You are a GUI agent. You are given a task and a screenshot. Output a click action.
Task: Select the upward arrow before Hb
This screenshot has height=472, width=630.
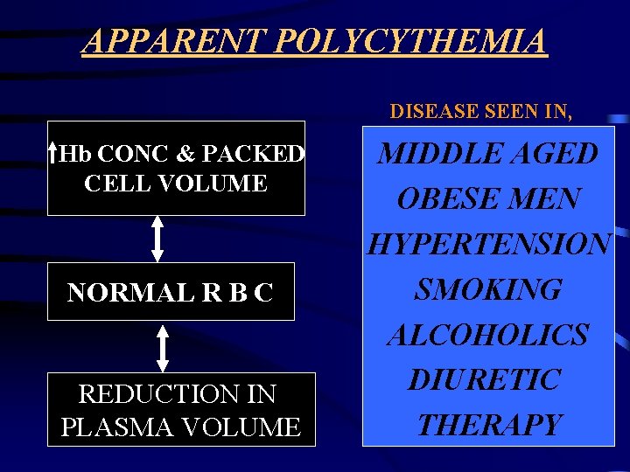53,154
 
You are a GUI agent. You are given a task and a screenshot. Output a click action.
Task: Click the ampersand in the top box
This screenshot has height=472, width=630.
185,155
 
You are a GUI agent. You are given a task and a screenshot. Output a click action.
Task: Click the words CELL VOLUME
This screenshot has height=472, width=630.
176,184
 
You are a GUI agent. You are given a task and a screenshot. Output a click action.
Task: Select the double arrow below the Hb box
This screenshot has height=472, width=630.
157,238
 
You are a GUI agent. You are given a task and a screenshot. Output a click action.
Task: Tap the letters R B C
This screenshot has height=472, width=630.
240,293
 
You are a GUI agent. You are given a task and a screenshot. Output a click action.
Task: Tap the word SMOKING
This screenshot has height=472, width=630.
487,289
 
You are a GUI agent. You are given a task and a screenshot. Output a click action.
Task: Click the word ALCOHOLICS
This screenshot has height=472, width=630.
488,335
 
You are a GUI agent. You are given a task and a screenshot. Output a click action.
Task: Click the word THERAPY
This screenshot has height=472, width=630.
488,425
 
